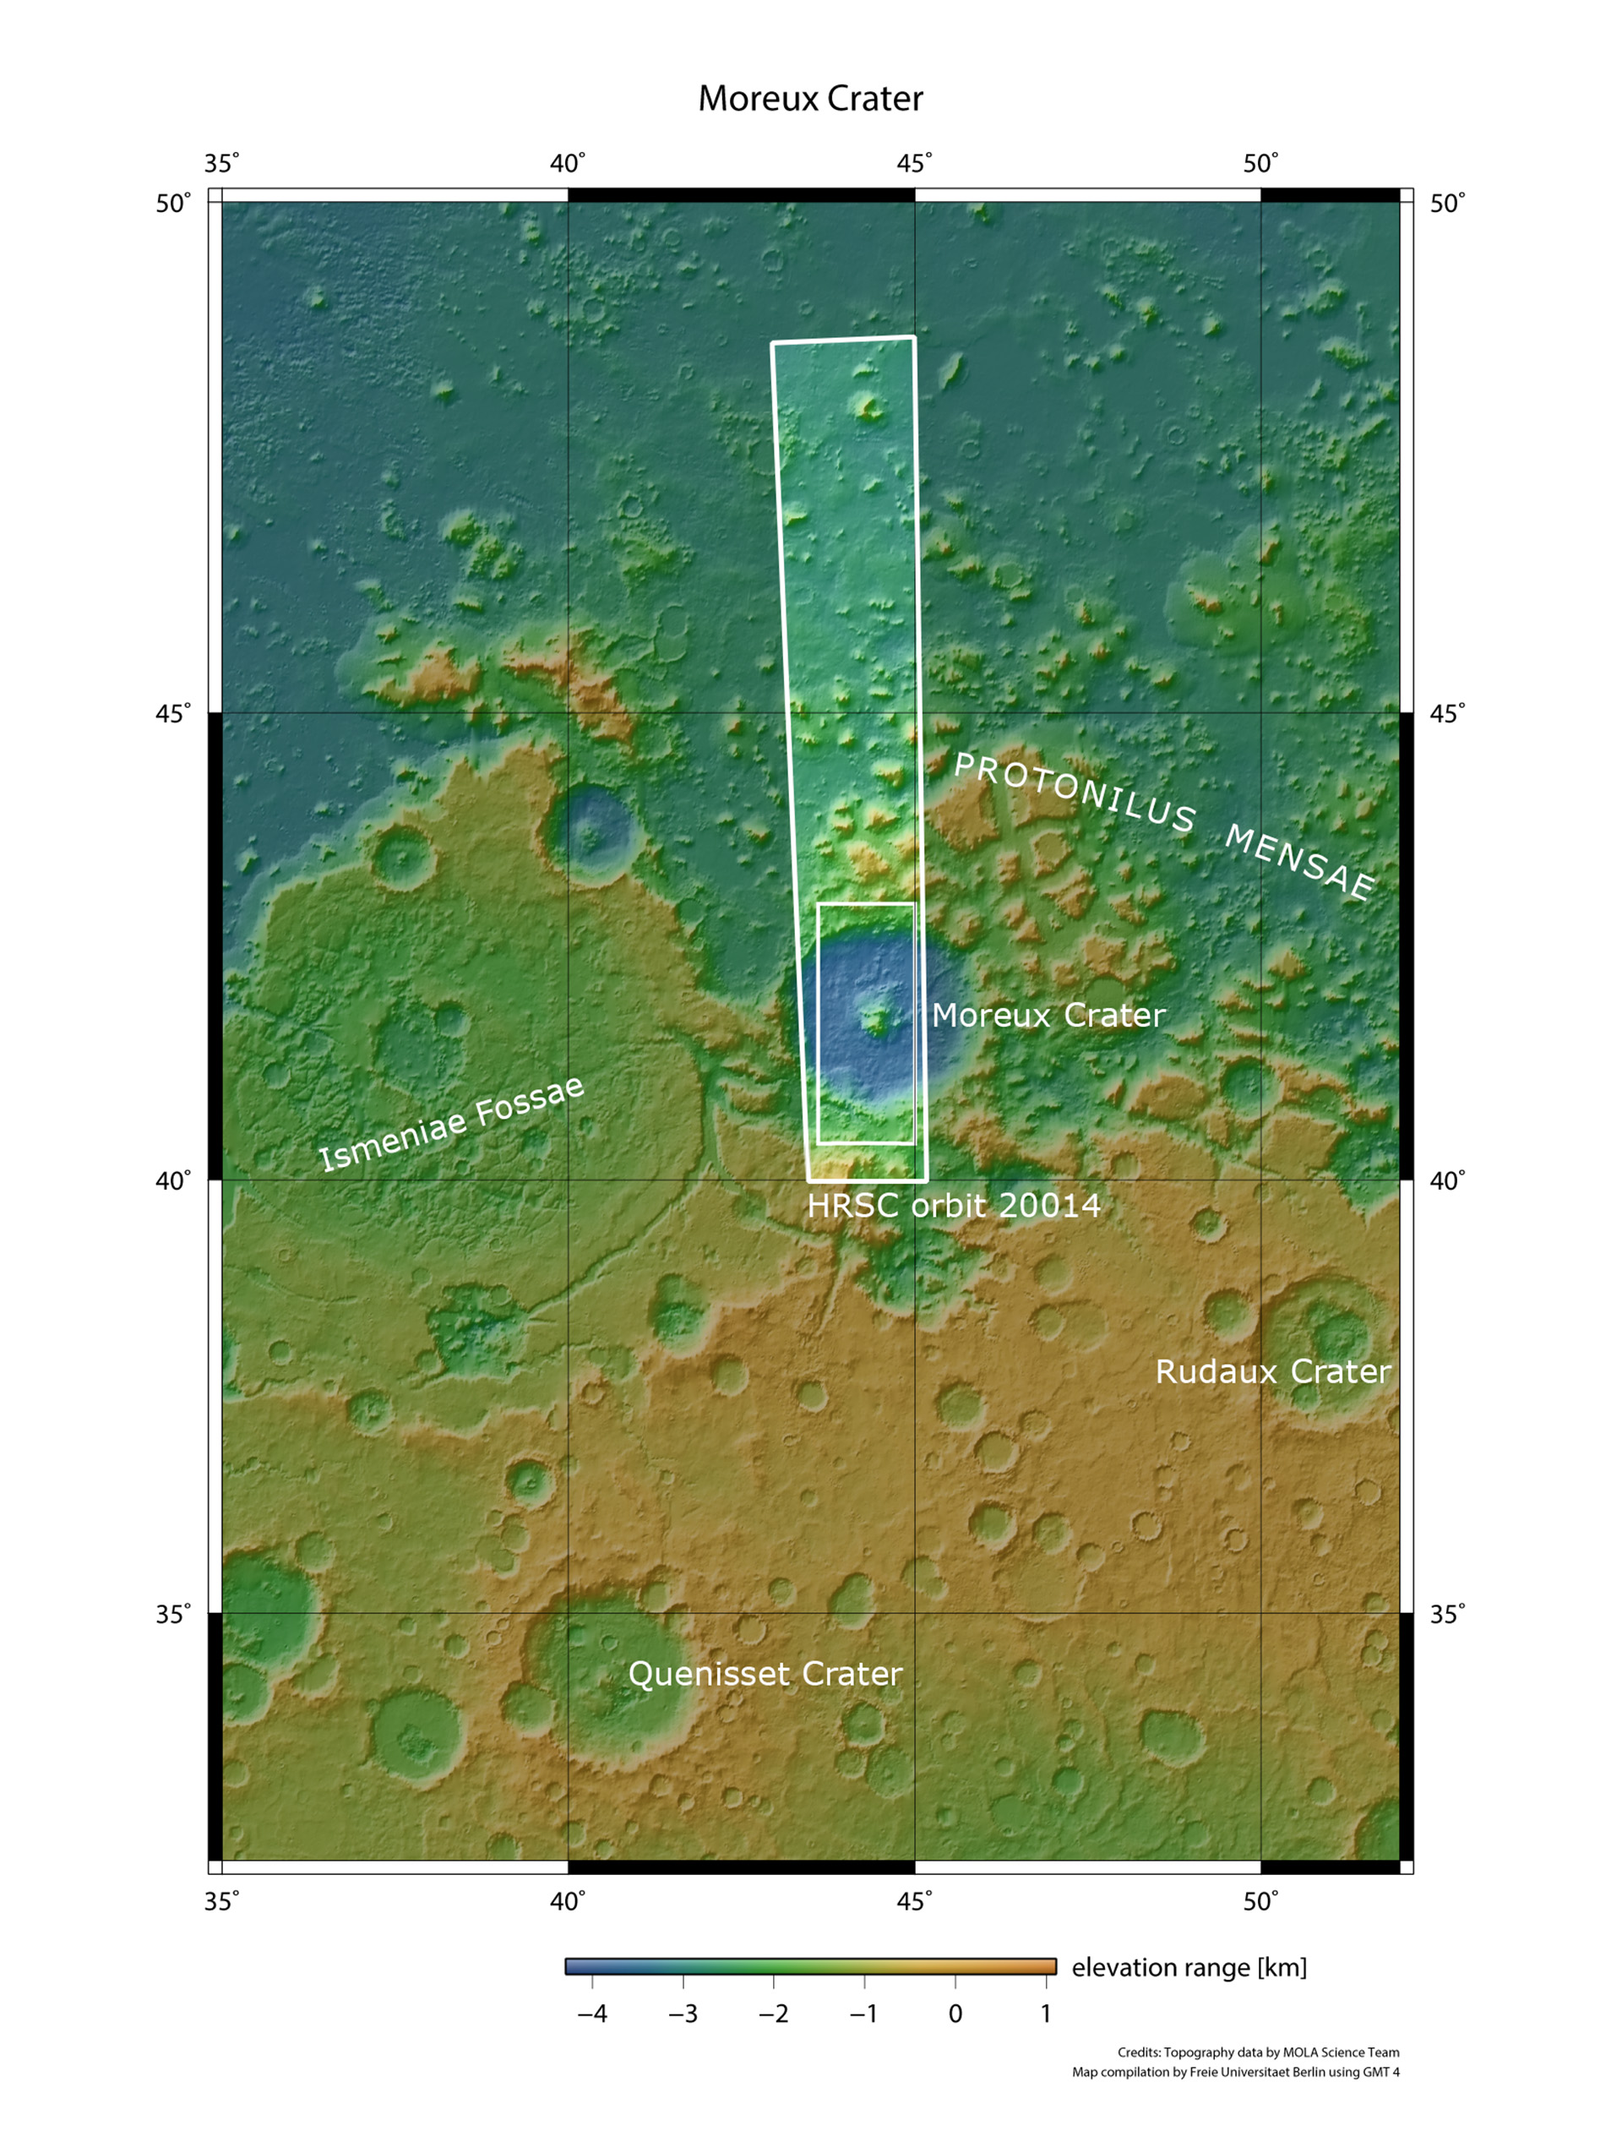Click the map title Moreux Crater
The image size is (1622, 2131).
(810, 99)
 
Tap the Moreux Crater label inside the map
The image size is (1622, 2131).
(1048, 1015)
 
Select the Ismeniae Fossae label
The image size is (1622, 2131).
(452, 1124)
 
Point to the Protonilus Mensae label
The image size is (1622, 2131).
(1163, 826)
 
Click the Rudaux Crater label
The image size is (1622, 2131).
(1272, 1371)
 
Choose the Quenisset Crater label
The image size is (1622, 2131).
(765, 1673)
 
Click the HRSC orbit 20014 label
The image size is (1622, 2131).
(954, 1205)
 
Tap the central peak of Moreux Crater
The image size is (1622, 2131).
(878, 1019)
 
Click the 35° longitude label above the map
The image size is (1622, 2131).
(221, 163)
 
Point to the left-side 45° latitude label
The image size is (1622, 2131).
(174, 713)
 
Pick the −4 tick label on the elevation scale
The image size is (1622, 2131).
(592, 2014)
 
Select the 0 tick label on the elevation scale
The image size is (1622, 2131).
(955, 2014)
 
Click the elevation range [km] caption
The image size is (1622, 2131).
(1189, 1967)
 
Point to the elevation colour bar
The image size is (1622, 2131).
(810, 1966)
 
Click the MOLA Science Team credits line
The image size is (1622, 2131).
(1258, 2052)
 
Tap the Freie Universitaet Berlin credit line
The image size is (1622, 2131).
(1235, 2071)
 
